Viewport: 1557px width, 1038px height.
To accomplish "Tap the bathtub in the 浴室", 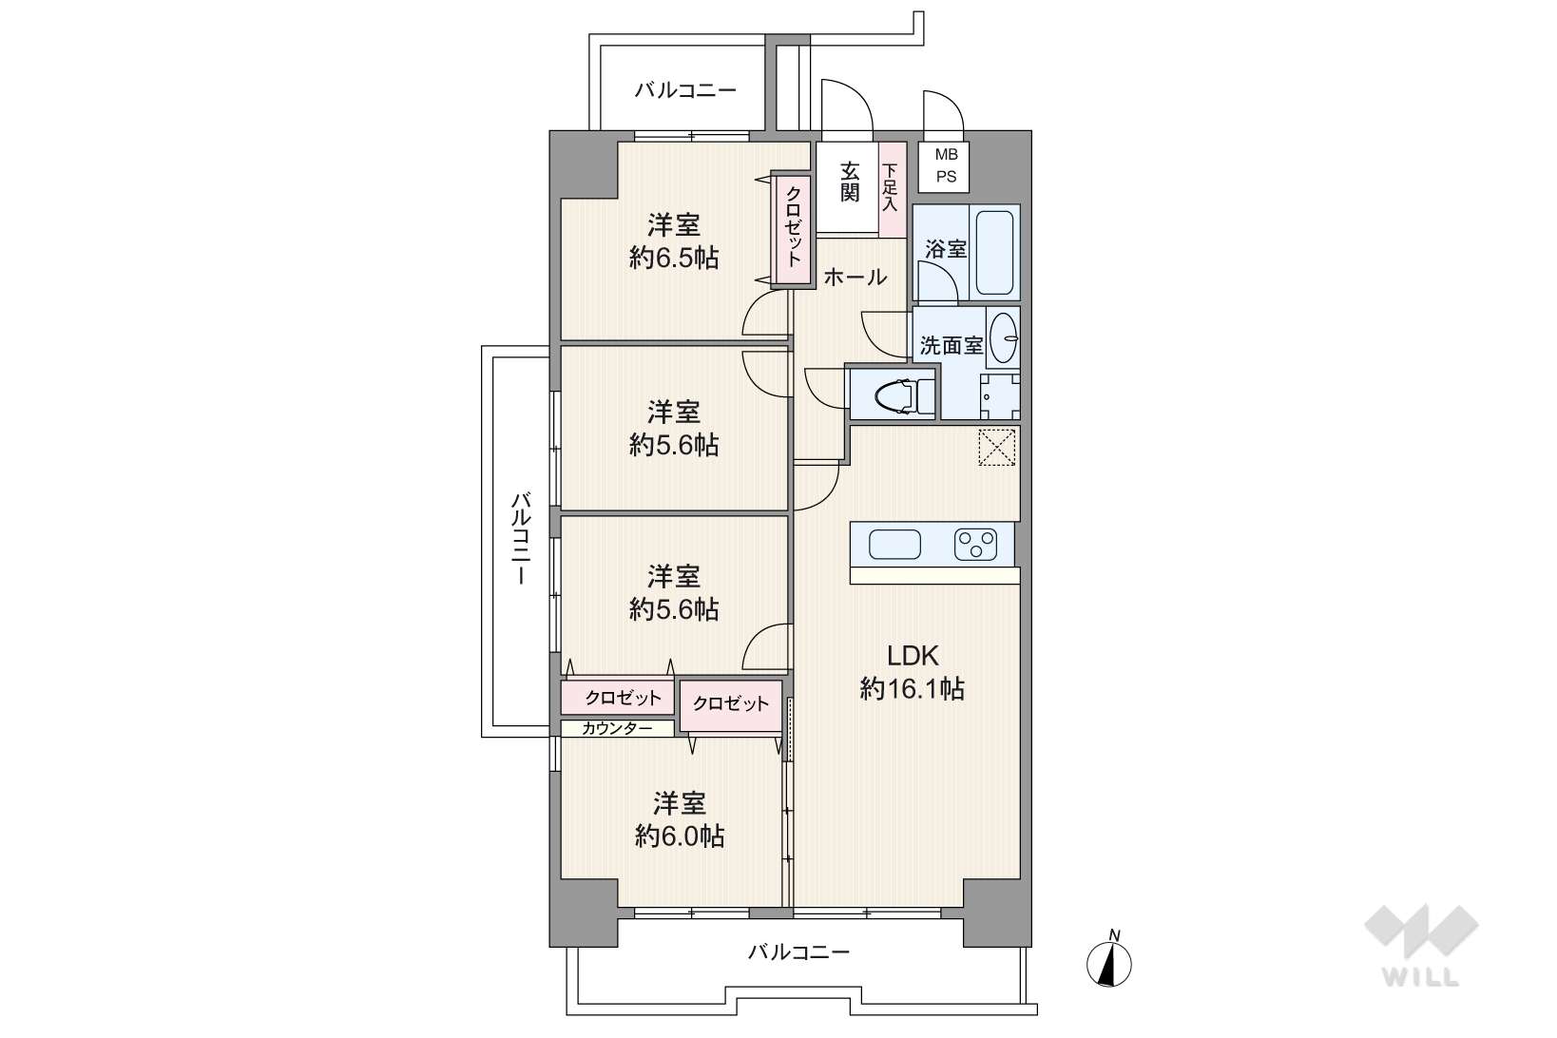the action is coord(994,253).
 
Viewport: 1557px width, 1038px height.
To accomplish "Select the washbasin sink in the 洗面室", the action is coord(1003,337).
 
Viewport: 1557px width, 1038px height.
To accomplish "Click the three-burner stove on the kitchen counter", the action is coord(975,545).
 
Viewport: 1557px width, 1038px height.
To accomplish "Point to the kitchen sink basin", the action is coord(894,545).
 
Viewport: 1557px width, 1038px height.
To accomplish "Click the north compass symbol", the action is coord(1108,959).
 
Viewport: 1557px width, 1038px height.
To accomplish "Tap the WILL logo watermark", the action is coord(1421,945).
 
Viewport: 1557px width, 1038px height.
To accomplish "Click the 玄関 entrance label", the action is coord(849,183).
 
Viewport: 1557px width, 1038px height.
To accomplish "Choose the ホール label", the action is coord(855,278).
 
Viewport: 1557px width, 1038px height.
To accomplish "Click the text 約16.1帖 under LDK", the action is coord(912,689).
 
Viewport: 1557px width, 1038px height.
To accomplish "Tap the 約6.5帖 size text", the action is coord(674,259).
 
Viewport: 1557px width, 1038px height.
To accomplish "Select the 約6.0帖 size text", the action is coord(679,836).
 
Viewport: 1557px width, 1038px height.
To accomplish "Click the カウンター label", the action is coord(617,729).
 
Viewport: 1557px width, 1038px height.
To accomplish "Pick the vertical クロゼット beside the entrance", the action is coord(793,229).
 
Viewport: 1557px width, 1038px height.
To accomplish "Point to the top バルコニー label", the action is coord(684,90).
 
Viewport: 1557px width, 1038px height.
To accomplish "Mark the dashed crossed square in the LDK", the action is coord(997,447).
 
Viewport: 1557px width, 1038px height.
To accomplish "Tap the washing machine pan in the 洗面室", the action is coord(1000,396).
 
